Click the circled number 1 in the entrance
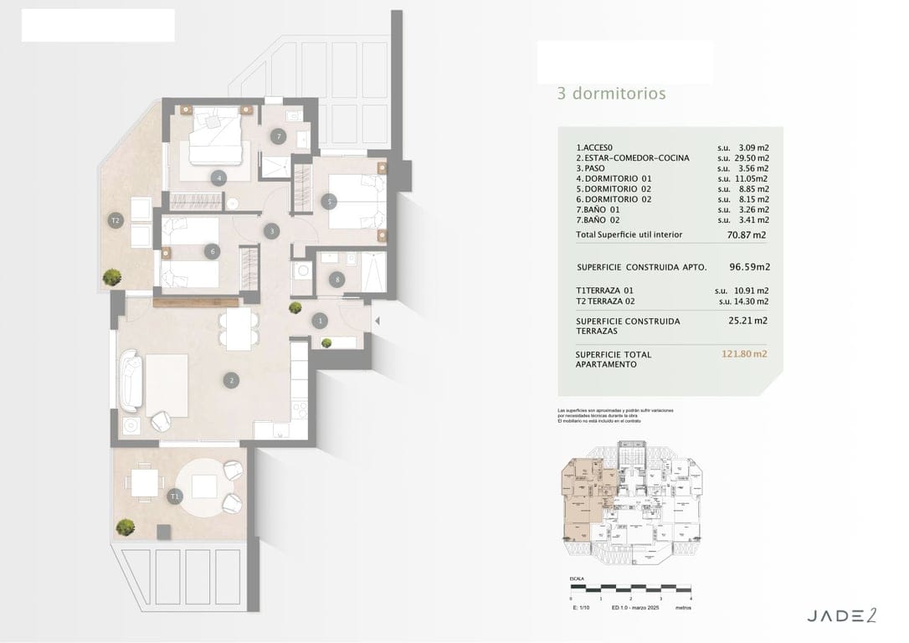[x=321, y=320]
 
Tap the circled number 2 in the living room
[x=231, y=380]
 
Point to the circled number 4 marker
[x=218, y=177]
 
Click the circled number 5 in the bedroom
[x=330, y=201]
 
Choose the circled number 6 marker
[x=213, y=250]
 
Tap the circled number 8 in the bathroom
[x=337, y=280]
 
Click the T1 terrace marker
[x=174, y=496]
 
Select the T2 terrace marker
[x=116, y=221]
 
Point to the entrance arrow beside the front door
[x=377, y=320]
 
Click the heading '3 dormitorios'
[x=611, y=94]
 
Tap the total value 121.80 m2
[x=744, y=354]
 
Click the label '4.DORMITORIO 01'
[x=614, y=178]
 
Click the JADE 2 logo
[x=841, y=615]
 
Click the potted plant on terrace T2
[x=110, y=276]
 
